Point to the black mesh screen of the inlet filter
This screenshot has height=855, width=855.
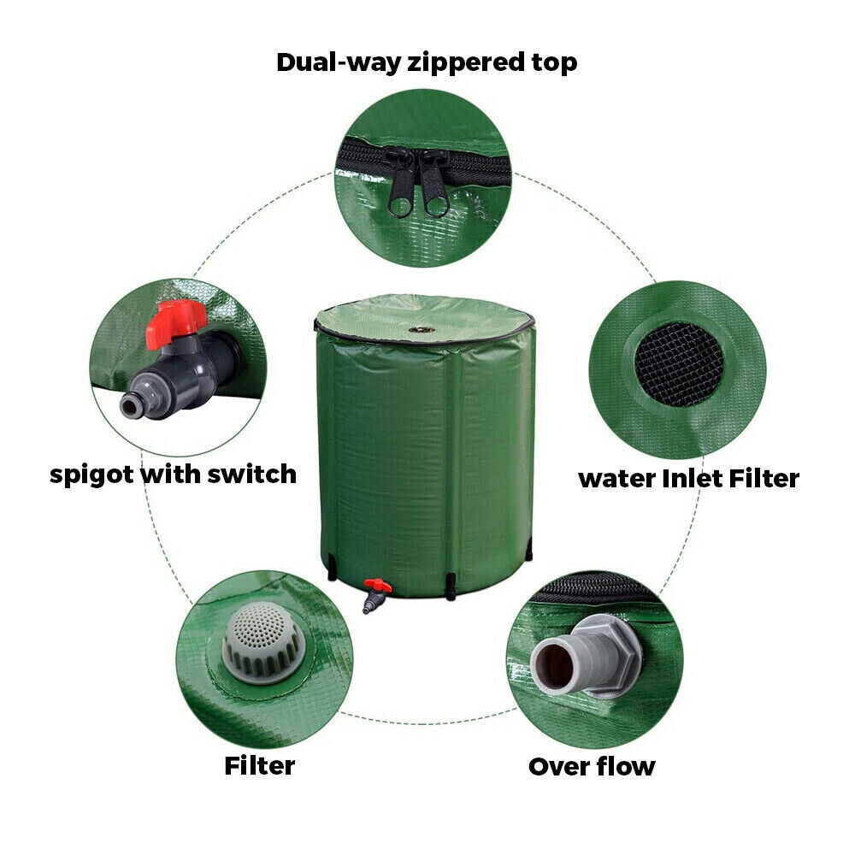pyautogui.click(x=680, y=363)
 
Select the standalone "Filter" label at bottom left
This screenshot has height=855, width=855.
pyautogui.click(x=259, y=765)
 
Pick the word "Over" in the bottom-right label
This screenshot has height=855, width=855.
pyautogui.click(x=557, y=766)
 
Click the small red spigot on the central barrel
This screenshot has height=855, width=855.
pyautogui.click(x=375, y=589)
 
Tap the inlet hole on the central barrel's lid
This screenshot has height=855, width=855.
pyautogui.click(x=422, y=329)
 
